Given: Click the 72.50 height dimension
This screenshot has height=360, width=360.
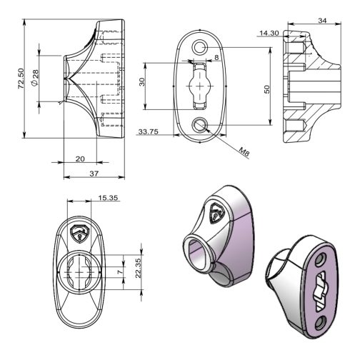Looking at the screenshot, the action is [x=21, y=79].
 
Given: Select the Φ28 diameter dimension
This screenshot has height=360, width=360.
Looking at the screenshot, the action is [x=35, y=78].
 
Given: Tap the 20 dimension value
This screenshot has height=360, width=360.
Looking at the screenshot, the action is [x=80, y=159].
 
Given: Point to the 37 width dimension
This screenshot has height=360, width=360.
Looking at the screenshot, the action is [x=94, y=174].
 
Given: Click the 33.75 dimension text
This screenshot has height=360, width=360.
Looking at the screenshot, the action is [x=149, y=131].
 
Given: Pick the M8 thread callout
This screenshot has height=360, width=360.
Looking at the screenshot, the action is [x=244, y=151].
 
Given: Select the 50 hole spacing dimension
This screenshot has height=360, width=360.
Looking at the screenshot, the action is [x=267, y=89].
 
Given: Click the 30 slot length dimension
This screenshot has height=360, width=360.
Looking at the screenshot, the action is [x=142, y=82].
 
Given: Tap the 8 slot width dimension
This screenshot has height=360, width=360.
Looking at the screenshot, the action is [x=216, y=57].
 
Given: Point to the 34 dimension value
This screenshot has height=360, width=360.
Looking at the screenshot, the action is [x=322, y=21].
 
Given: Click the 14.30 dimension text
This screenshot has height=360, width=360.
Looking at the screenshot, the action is [x=269, y=33].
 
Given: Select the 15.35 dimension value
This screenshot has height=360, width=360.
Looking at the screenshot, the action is [x=109, y=198].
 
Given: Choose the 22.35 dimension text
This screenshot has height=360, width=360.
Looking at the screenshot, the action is [x=139, y=269].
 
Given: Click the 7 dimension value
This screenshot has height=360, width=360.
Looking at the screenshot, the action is [x=121, y=271].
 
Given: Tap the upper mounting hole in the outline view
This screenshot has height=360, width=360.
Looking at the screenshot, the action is [x=199, y=48].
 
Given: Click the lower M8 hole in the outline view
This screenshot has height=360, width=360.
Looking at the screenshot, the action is [x=199, y=125].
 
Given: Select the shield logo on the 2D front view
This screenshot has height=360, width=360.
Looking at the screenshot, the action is [x=79, y=234].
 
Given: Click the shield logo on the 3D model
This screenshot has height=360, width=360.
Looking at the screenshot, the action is [x=216, y=214].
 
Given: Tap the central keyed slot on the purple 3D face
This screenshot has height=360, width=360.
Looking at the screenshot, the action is [x=321, y=292].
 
